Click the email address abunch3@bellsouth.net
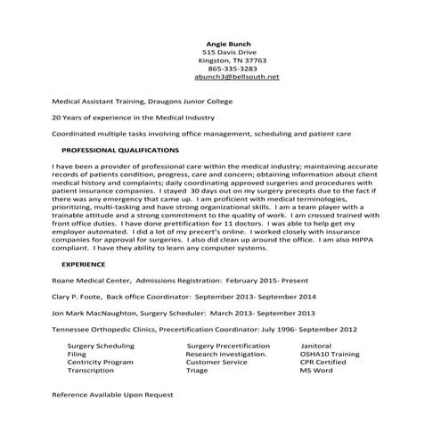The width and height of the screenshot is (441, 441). click(x=230, y=77)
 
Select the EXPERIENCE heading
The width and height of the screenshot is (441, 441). click(x=83, y=265)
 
